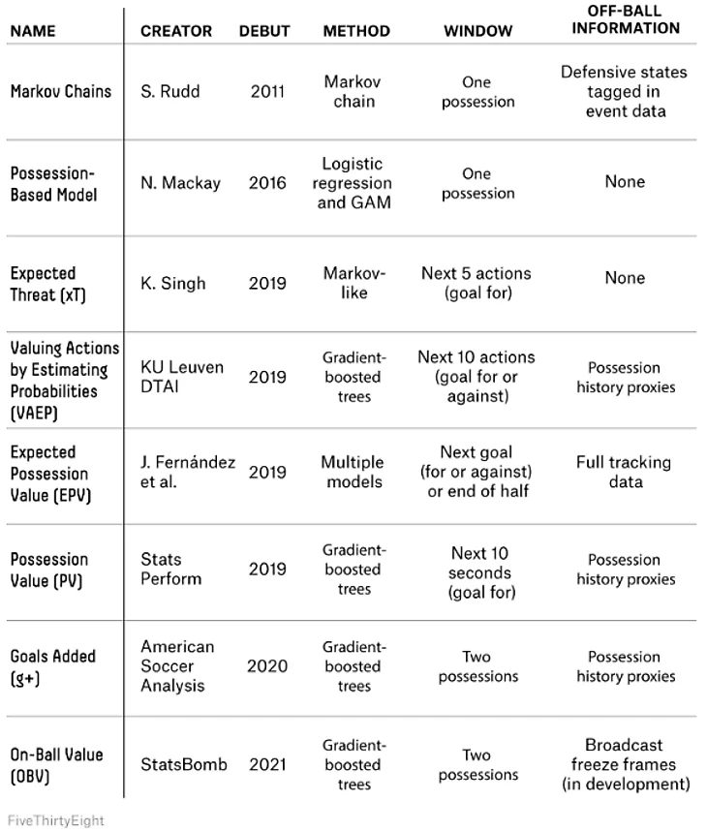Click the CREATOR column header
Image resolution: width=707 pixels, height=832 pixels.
[175, 31]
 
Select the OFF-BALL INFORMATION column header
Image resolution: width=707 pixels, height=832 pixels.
[625, 20]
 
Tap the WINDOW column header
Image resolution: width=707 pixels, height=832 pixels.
[477, 31]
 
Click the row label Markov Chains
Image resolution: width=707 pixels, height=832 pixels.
[61, 92]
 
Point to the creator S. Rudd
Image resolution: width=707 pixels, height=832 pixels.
[171, 92]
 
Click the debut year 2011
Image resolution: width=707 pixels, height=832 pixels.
[266, 92]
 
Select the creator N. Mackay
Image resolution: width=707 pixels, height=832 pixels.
[181, 182]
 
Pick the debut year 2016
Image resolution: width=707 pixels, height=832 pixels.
[266, 182]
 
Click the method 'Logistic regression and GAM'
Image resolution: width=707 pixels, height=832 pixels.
[353, 183]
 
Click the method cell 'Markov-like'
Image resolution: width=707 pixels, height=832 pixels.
[353, 283]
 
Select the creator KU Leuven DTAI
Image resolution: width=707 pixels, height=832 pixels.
[181, 377]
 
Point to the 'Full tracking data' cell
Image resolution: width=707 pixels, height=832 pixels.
[625, 472]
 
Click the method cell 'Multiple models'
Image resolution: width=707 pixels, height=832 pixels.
[353, 472]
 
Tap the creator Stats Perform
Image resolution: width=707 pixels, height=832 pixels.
[171, 570]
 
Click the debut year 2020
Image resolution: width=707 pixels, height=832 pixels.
[266, 666]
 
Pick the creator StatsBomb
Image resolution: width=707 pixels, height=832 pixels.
[184, 764]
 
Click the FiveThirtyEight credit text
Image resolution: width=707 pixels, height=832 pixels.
[54, 820]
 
